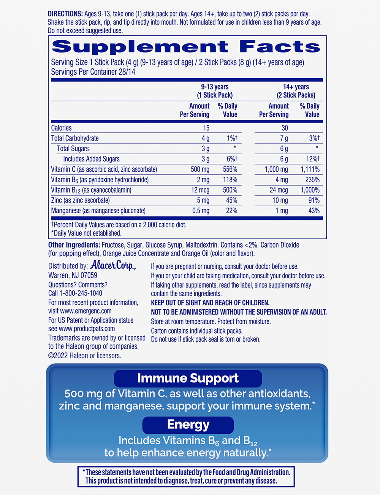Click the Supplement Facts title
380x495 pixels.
pos(186,47)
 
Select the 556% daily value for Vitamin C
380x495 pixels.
pos(230,169)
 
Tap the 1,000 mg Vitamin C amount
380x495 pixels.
pos(276,169)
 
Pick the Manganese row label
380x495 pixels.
pos(98,211)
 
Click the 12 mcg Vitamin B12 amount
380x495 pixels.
pos(200,190)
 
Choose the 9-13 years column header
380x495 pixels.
pos(215,91)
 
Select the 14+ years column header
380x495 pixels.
pos(296,91)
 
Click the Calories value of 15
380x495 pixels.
pos(206,128)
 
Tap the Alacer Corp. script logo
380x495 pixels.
pos(113,265)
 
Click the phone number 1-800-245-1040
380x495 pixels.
pos(81,293)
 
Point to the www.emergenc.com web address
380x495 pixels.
pos(86,311)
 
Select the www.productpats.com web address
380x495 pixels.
pos(87,329)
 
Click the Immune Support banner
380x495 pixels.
pos(188,378)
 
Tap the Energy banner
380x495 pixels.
pos(188,425)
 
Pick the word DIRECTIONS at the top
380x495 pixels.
pos(65,14)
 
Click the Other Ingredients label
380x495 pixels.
pos(74,245)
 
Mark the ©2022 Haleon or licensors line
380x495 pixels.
pos(85,356)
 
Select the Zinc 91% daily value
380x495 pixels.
pos(314,200)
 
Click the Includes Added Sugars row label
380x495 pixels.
pos(91,159)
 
